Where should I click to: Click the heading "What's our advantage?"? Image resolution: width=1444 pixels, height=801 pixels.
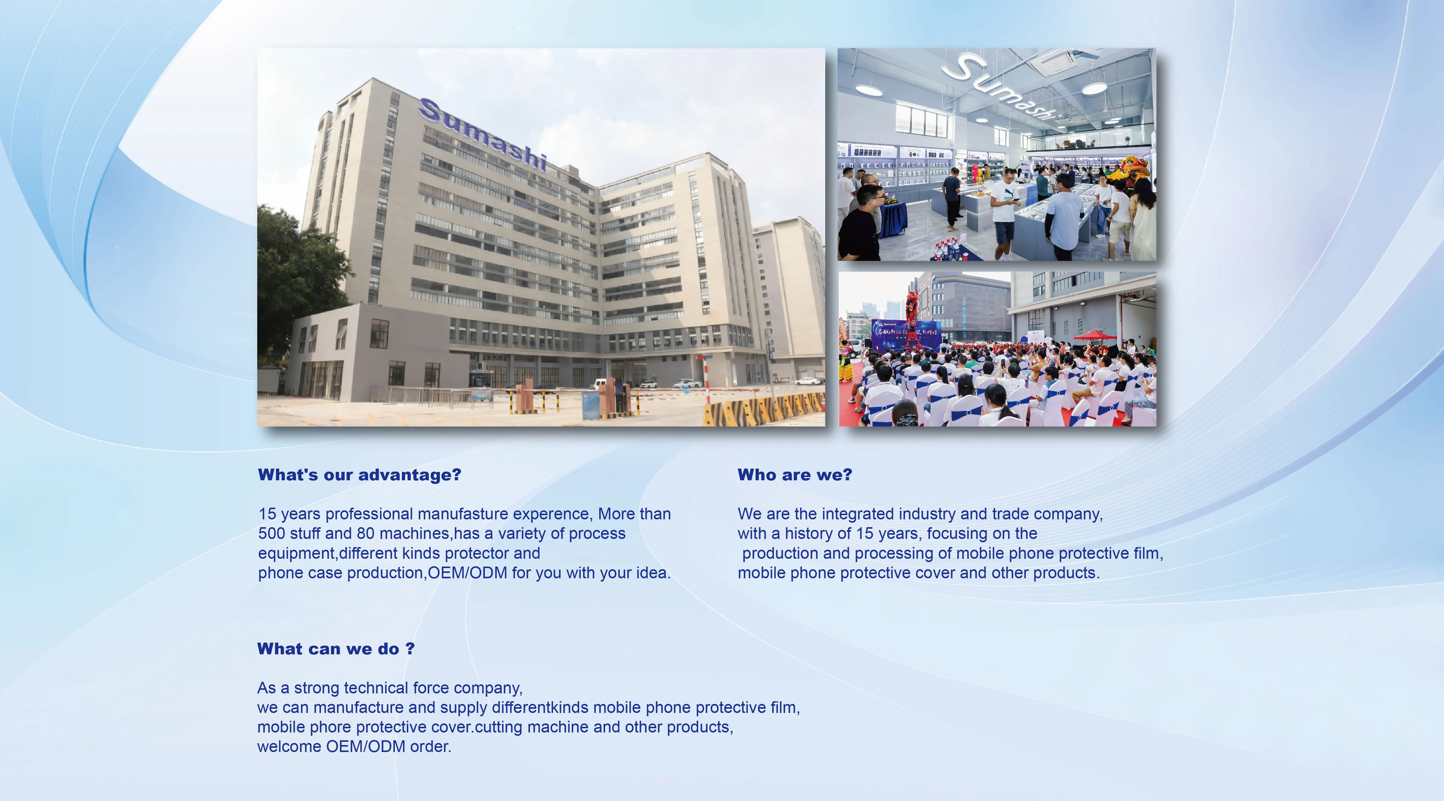pyautogui.click(x=359, y=475)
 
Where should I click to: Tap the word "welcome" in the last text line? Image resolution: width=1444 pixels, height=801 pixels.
pyautogui.click(x=289, y=747)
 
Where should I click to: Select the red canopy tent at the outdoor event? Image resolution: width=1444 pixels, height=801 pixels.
pyautogui.click(x=1095, y=335)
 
